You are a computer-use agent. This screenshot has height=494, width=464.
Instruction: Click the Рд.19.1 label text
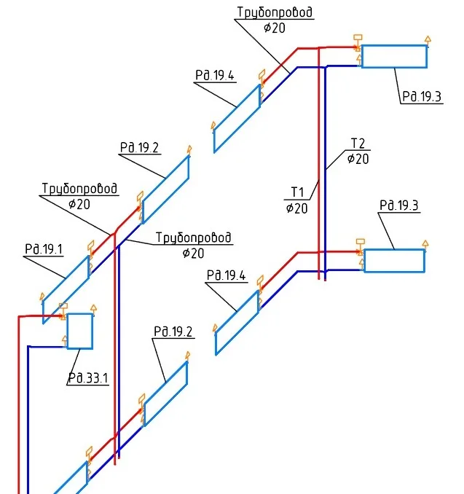[44, 249]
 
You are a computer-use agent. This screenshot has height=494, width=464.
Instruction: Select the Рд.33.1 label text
[88, 377]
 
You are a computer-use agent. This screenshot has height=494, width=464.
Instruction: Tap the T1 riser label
[297, 192]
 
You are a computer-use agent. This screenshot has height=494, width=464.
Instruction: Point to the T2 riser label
[358, 144]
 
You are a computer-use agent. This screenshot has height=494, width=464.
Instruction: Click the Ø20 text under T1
[296, 208]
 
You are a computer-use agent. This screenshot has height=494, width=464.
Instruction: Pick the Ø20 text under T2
[358, 158]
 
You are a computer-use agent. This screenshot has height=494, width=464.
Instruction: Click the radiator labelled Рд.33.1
[79, 331]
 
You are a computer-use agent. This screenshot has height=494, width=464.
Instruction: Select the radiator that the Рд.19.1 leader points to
[66, 289]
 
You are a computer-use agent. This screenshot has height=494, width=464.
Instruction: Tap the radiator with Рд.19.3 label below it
[394, 56]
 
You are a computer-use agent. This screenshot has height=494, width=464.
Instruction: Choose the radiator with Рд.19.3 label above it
[394, 261]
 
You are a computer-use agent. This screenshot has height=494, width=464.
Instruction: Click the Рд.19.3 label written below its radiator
[422, 96]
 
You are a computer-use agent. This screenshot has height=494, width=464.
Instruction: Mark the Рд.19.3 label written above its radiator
[399, 205]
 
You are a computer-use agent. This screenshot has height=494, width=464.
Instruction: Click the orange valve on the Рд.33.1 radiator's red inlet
[63, 312]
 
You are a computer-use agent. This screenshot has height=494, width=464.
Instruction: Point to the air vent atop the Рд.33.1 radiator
[93, 309]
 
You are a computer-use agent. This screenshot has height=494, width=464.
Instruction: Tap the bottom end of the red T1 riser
[319, 279]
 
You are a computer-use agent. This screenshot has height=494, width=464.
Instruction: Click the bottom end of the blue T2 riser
[325, 280]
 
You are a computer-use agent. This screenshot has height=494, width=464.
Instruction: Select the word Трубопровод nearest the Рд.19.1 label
[79, 189]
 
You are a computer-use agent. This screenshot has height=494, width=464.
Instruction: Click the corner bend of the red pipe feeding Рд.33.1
[19, 316]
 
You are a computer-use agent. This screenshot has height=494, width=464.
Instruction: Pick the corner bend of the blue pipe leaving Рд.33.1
[28, 347]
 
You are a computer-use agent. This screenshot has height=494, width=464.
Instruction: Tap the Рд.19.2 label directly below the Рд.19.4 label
[173, 332]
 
